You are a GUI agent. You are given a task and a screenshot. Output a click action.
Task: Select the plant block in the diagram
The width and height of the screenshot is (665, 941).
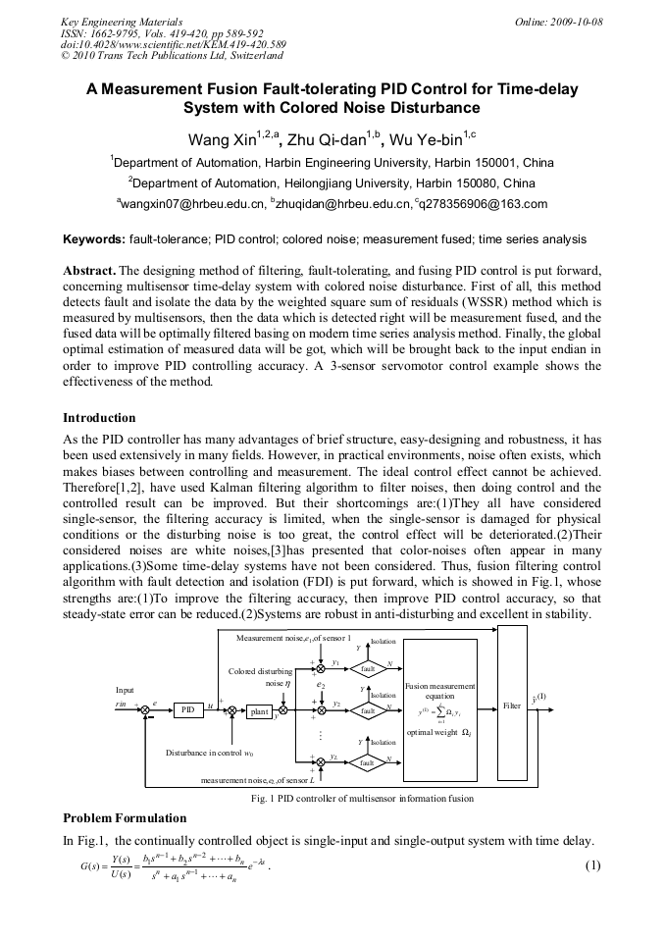[x=259, y=711]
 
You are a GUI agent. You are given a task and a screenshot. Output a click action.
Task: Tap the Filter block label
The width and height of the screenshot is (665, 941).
[x=511, y=706]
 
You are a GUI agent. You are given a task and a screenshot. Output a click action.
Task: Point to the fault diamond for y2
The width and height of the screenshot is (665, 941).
[x=369, y=709]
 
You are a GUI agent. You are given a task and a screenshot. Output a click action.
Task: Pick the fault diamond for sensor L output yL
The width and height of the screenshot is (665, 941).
[x=369, y=761]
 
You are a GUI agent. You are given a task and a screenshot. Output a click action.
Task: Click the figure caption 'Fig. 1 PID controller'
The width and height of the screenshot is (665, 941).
[x=362, y=798]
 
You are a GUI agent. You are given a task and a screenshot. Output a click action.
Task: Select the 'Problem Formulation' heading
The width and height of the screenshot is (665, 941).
[x=124, y=817]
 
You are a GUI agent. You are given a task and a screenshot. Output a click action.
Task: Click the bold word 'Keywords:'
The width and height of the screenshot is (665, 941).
[x=94, y=238]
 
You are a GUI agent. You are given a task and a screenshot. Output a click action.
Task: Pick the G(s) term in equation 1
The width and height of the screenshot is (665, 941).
[x=79, y=865]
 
